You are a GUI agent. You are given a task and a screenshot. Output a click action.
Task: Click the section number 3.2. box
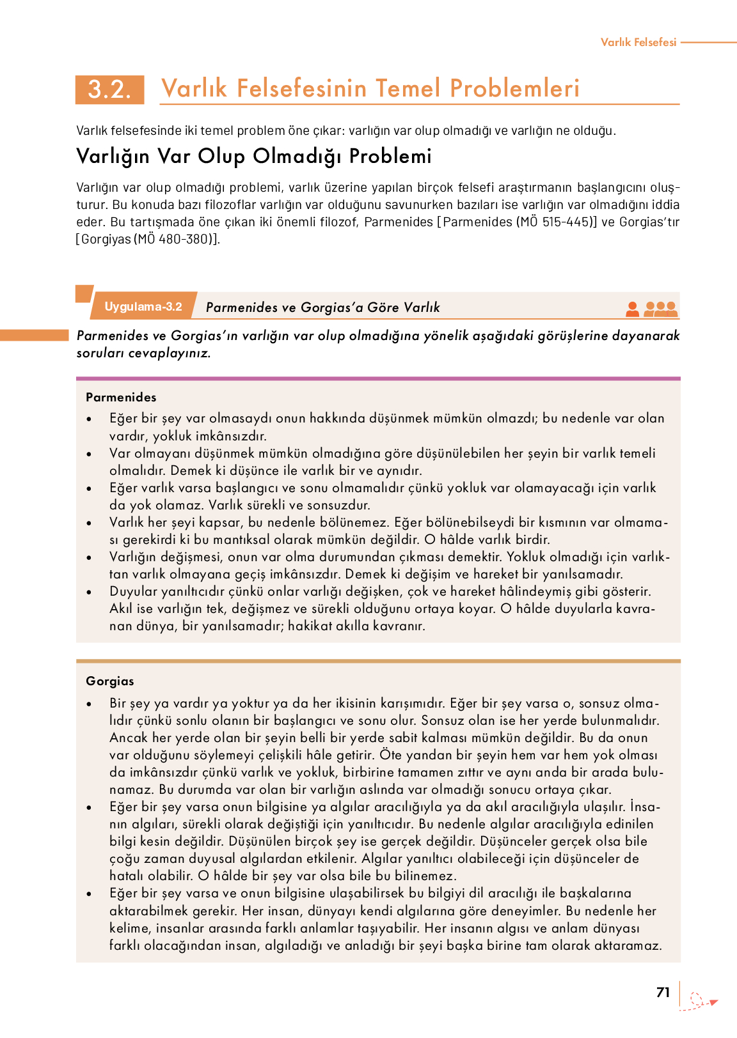(x=109, y=89)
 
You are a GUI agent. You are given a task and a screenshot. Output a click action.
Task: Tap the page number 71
(x=663, y=992)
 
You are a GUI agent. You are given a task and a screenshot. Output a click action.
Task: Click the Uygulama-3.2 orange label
(x=143, y=307)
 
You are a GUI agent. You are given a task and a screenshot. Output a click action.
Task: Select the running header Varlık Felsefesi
(x=638, y=42)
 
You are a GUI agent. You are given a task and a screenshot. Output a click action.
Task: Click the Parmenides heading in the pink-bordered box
(x=121, y=397)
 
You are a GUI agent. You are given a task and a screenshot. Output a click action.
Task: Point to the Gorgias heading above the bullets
(x=110, y=681)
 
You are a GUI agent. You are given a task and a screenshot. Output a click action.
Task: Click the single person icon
(x=632, y=309)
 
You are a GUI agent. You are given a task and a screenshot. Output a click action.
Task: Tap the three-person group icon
(x=660, y=309)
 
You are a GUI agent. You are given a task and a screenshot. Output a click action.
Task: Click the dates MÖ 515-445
(x=554, y=222)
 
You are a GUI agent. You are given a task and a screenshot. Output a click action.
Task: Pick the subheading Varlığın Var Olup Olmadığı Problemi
(x=253, y=156)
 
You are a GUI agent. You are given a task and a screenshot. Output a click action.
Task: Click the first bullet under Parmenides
(x=90, y=419)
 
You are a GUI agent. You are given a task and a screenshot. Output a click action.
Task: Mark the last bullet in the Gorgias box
(x=90, y=894)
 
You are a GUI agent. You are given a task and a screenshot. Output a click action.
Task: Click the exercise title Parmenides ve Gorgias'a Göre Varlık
(x=322, y=307)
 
